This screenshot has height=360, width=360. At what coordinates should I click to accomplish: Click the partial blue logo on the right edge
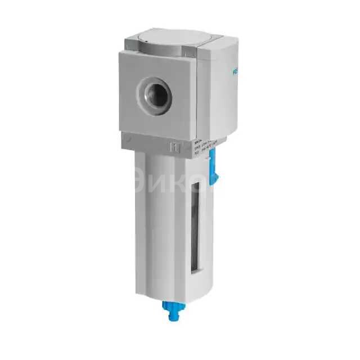tap(235, 73)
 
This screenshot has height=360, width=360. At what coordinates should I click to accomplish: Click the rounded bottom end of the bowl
tap(169, 290)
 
